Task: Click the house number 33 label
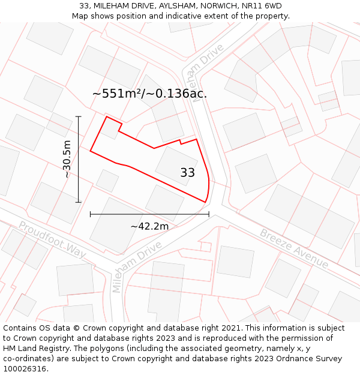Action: pyautogui.click(x=187, y=173)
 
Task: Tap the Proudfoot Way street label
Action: pyautogui.click(x=52, y=240)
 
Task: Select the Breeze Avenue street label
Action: pyautogui.click(x=294, y=248)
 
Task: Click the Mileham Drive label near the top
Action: pyautogui.click(x=203, y=73)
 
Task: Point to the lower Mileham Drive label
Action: pyautogui.click(x=137, y=267)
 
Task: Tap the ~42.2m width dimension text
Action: pyautogui.click(x=149, y=226)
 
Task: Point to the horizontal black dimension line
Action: pyautogui.click(x=149, y=214)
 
